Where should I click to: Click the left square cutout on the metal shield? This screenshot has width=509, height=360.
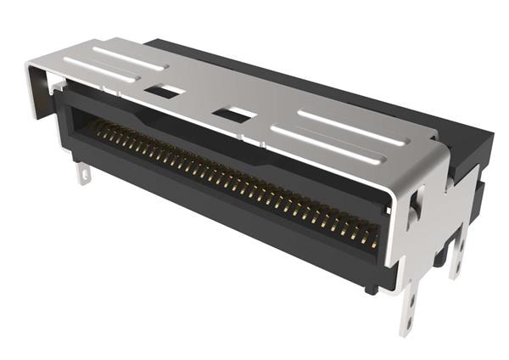coord(164,91)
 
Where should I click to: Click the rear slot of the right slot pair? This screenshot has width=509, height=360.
coord(349,127)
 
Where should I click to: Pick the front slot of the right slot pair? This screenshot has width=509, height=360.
coord(322,143)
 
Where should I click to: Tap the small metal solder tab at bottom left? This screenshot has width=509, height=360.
coord(82,173)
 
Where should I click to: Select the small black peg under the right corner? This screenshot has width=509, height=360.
coord(371,290)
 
